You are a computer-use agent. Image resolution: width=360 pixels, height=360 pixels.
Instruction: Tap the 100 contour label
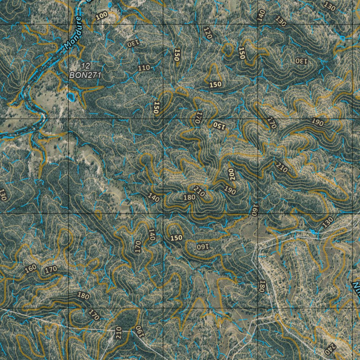point(102,16)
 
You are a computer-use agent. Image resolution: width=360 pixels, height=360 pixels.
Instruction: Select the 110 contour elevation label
point(144,68)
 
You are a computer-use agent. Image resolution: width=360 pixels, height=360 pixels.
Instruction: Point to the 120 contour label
point(208,33)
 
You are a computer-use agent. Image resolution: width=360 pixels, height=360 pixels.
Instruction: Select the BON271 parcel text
point(85,75)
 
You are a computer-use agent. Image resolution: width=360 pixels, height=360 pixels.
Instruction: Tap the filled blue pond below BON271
point(71,96)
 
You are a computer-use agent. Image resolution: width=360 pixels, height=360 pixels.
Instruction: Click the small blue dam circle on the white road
point(313,232)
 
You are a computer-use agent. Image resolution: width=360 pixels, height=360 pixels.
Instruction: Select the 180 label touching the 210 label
point(189,197)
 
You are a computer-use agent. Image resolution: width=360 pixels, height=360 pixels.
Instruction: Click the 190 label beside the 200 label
point(230,190)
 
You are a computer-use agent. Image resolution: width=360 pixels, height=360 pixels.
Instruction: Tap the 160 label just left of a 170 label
point(31,269)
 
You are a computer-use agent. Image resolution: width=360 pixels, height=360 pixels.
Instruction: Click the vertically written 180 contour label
point(262,286)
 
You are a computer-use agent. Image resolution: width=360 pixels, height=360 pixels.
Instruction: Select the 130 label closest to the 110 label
point(133,44)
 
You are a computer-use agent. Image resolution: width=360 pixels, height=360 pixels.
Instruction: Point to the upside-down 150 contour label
point(218,125)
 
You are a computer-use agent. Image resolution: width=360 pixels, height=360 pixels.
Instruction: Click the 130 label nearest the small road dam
point(328,222)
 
